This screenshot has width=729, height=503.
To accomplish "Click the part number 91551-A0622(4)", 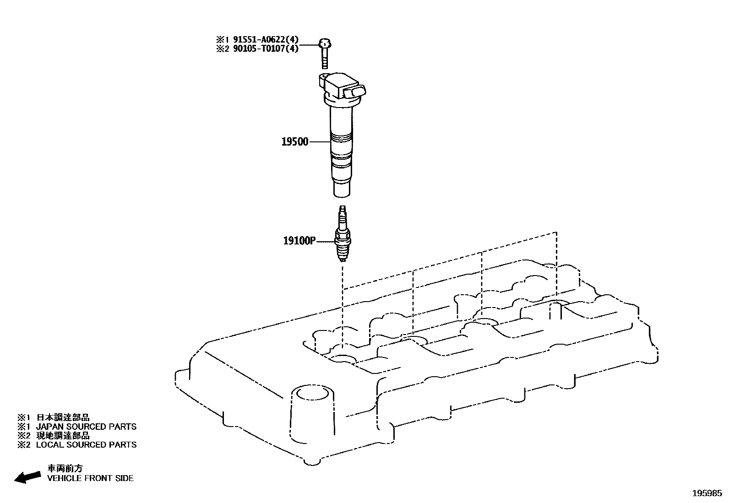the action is click(x=266, y=40).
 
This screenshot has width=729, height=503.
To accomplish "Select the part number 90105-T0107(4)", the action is click(x=266, y=49).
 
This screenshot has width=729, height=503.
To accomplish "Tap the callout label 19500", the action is click(x=295, y=141).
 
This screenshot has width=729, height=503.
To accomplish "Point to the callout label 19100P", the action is click(x=299, y=241).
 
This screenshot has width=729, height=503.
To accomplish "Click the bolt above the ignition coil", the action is click(x=325, y=54).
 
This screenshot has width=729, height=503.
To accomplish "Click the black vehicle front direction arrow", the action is click(x=27, y=477).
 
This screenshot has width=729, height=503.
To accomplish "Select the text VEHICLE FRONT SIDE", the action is click(x=90, y=478).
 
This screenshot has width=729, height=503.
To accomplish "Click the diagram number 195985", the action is click(x=707, y=493).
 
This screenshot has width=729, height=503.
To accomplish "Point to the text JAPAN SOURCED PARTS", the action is click(x=86, y=427).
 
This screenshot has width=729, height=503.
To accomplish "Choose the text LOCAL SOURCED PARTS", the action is click(x=86, y=444).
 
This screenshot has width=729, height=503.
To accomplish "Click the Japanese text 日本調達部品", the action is click(x=63, y=417).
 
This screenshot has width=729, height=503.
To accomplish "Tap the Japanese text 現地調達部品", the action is click(x=63, y=436).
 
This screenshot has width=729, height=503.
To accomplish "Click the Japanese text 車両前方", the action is click(x=65, y=468).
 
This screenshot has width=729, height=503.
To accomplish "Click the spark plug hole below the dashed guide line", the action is click(x=343, y=359).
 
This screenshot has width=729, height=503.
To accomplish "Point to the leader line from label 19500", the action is click(x=319, y=142).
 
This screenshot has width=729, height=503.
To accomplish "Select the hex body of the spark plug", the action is click(x=343, y=240).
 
